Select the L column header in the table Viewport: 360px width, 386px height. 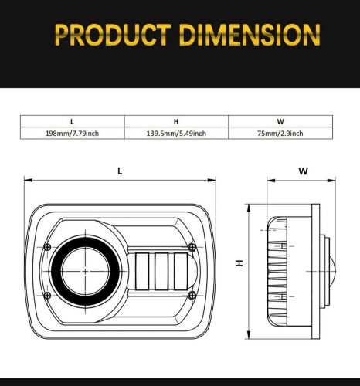[x=72, y=121]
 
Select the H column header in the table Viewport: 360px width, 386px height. [x=176, y=121]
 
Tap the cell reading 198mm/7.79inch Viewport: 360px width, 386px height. [x=72, y=134]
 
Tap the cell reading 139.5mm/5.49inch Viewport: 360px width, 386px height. [x=176, y=134]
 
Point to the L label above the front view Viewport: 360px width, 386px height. [x=120, y=171]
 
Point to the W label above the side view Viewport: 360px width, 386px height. [x=303, y=171]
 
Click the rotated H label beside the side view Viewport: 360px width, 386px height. [x=239, y=262]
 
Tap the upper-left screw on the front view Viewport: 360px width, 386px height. [x=48, y=246]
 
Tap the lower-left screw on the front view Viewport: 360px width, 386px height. [x=48, y=295]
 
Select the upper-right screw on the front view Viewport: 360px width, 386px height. [x=189, y=246]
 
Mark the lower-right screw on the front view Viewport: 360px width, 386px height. [x=189, y=295]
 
